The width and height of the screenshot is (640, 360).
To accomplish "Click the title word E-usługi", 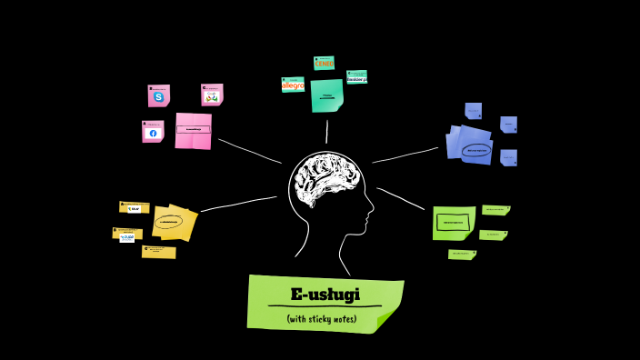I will pyautogui.click(x=325, y=295).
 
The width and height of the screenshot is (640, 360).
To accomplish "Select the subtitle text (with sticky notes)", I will pyautogui.click(x=321, y=319).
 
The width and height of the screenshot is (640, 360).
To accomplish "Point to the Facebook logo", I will pyautogui.click(x=153, y=133).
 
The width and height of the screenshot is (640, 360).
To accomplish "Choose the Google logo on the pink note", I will pyautogui.click(x=212, y=96).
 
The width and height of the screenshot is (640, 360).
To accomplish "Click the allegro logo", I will pyautogui.click(x=293, y=85).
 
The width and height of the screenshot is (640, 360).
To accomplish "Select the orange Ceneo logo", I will pyautogui.click(x=324, y=64).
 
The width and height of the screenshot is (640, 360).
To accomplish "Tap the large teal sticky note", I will pyautogui.click(x=326, y=95).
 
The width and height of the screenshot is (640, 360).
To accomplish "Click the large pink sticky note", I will pyautogui.click(x=193, y=131).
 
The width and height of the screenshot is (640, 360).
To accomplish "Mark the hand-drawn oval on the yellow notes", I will pyautogui.click(x=168, y=221).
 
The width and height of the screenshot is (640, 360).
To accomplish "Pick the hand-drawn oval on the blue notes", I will pyautogui.click(x=475, y=150).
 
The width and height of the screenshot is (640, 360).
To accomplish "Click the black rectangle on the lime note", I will pyautogui.click(x=452, y=222).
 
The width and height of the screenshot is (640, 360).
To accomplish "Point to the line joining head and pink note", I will pyautogui.click(x=249, y=151).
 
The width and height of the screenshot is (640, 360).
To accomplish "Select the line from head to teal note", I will pyautogui.click(x=326, y=132).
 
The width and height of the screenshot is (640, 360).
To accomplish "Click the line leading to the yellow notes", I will pyautogui.click(x=238, y=204).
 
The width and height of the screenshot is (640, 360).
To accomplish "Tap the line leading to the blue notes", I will pyautogui.click(x=405, y=155).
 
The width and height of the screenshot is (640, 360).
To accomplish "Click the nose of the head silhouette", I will pyautogui.click(x=371, y=216).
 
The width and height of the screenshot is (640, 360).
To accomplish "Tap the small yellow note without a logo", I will pyautogui.click(x=159, y=252).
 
